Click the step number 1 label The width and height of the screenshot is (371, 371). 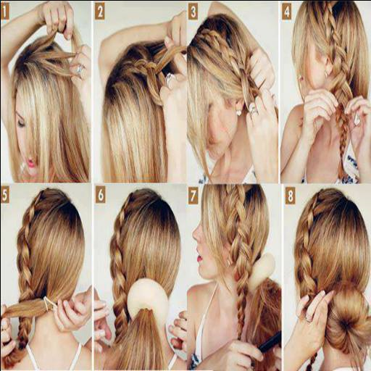[x=5, y=13]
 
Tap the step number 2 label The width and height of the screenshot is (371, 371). [x=99, y=13]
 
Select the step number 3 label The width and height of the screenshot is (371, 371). [x=193, y=12]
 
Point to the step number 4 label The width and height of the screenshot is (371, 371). [x=286, y=13]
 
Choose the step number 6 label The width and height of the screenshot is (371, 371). [x=100, y=195]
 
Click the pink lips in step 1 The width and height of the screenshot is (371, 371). [x=31, y=163]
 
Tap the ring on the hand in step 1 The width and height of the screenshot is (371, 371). [x=79, y=70]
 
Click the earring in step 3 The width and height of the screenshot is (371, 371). [x=239, y=112]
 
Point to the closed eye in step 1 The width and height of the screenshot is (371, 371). [x=21, y=122]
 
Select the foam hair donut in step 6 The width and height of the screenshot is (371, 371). [x=148, y=294]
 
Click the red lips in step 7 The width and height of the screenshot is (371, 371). [x=200, y=258]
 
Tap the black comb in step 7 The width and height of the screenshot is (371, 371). [x=270, y=341]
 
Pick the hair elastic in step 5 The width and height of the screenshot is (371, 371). [x=49, y=304]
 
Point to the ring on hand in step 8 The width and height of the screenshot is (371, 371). [x=309, y=319]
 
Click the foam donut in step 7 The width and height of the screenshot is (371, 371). [x=262, y=270]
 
